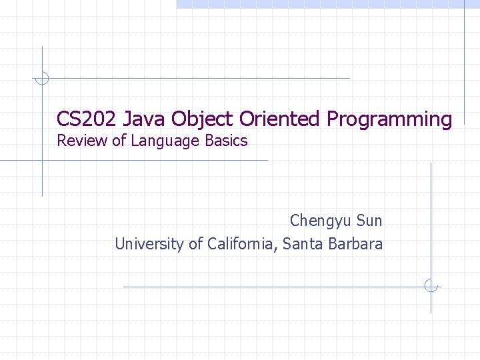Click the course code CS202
pyautogui.click(x=79, y=119)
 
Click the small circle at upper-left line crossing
pyautogui.click(x=41, y=78)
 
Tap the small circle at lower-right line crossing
pyautogui.click(x=431, y=286)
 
